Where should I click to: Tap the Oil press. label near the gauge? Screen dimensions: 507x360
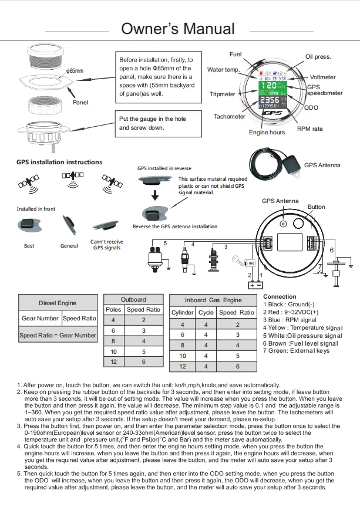click(318, 57)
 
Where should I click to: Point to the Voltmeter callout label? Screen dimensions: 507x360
click(323, 77)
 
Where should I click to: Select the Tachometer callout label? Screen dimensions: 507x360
click(230, 116)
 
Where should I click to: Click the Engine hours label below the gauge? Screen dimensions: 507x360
click(267, 133)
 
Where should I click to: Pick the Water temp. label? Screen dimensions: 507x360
click(224, 70)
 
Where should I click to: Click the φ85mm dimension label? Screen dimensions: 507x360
click(75, 71)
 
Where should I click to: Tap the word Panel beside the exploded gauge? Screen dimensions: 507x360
click(80, 102)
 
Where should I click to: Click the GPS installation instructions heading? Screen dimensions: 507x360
click(59, 162)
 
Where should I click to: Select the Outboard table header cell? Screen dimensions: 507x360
click(133, 299)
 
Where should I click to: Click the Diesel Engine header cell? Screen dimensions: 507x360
click(58, 303)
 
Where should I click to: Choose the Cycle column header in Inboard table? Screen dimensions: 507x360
click(206, 313)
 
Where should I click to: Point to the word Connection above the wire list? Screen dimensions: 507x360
click(280, 297)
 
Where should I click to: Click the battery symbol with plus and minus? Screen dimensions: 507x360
click(255, 285)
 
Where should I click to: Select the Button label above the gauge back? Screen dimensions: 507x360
click(316, 207)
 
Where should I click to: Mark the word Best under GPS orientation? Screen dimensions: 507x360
click(29, 246)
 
